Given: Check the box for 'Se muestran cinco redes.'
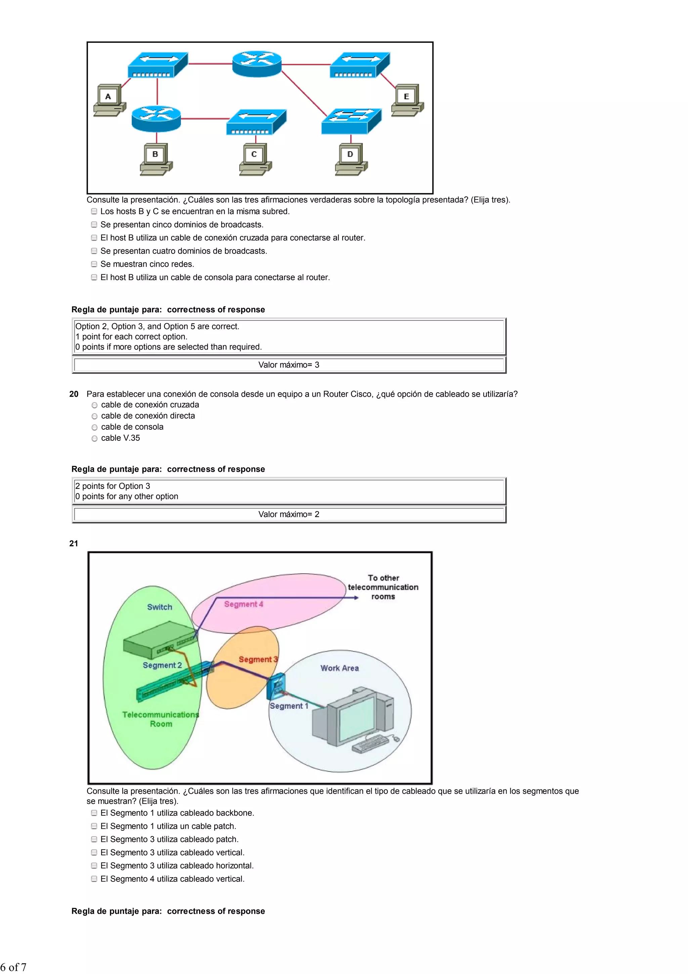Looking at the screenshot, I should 94,264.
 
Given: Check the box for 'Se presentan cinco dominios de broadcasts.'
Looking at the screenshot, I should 94,224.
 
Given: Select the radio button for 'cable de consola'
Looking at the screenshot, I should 94,427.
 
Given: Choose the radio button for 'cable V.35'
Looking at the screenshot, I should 94,438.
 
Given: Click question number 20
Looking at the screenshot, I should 74,394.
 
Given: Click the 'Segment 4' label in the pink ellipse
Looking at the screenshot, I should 244,604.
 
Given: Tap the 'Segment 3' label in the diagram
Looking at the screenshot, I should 258,659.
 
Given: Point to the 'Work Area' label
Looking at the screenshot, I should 340,668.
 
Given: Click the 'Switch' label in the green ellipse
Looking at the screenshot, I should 160,607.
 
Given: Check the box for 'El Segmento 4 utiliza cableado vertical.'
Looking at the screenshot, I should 94,879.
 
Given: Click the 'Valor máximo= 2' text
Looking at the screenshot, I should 289,514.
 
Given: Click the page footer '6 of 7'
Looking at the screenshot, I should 13,967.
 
